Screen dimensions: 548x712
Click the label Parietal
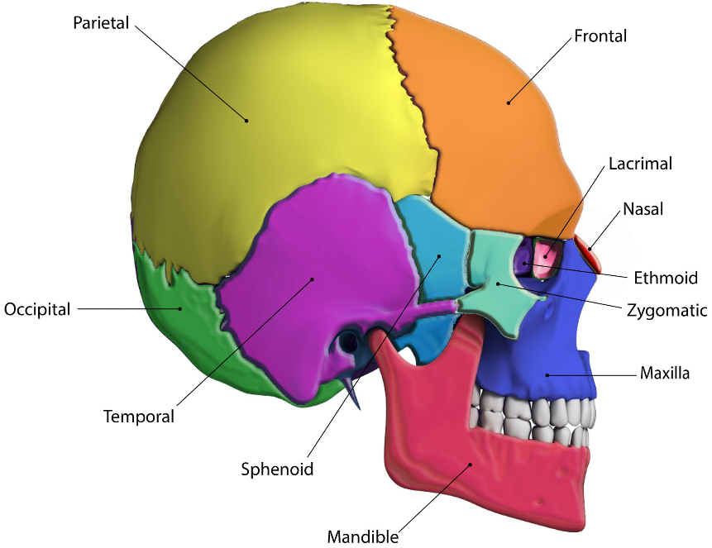[x=101, y=22]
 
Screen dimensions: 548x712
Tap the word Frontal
[x=600, y=36]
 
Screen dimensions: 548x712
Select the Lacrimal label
[x=640, y=163]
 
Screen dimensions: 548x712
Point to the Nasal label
[x=643, y=209]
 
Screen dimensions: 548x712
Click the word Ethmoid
[x=666, y=277]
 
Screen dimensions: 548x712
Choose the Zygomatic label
[x=667, y=311]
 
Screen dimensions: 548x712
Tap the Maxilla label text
[x=664, y=374]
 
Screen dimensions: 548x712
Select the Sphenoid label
[x=277, y=469]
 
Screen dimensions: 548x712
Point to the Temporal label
[x=139, y=417]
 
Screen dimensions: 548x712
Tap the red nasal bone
[x=588, y=245]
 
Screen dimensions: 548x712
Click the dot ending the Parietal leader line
[x=246, y=121]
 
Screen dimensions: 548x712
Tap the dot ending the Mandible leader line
[x=471, y=465]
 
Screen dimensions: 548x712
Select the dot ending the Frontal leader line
[x=509, y=103]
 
